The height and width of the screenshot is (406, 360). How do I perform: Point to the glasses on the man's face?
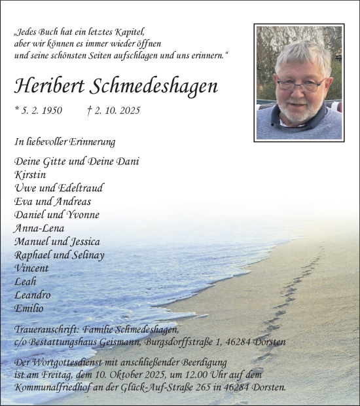point(300,84)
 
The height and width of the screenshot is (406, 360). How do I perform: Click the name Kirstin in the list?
point(28,175)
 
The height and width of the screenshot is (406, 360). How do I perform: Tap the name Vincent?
point(30,268)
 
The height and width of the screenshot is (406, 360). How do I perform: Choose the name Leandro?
point(32,295)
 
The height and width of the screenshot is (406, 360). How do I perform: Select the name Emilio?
point(29,308)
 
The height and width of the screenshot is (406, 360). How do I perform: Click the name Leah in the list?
point(25,282)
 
